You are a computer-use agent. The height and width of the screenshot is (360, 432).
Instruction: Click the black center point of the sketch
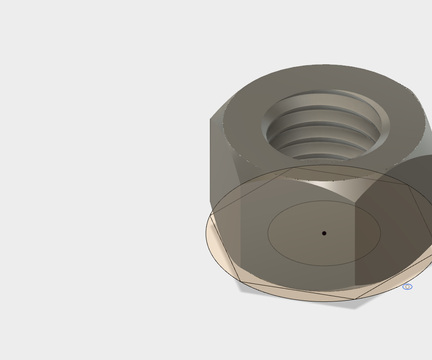(x=324, y=233)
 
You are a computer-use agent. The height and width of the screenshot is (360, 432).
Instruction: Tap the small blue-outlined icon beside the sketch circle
(x=407, y=287)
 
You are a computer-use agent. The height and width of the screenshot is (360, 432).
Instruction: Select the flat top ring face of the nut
(x=246, y=132)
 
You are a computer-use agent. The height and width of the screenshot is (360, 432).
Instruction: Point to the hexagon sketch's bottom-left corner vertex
(x=241, y=282)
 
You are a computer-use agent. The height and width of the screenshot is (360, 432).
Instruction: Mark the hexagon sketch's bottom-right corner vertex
(x=355, y=299)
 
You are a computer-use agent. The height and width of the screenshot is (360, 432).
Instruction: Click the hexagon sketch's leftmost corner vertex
(x=211, y=216)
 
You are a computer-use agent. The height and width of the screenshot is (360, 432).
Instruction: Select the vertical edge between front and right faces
(x=355, y=246)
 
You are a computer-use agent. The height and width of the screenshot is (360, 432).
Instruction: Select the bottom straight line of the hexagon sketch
(x=299, y=291)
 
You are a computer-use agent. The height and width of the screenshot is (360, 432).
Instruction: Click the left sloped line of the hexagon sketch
(x=226, y=249)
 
